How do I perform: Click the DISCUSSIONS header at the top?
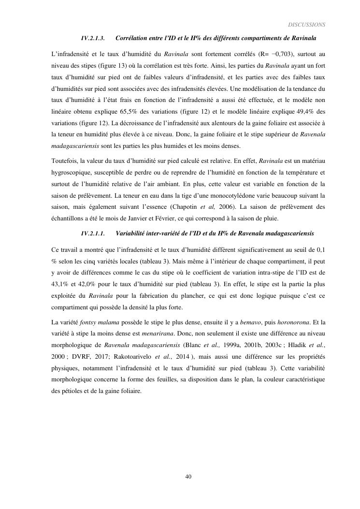tap(306, 24)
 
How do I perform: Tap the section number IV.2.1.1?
tap(93, 233)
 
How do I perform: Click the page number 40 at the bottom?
tap(188, 477)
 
